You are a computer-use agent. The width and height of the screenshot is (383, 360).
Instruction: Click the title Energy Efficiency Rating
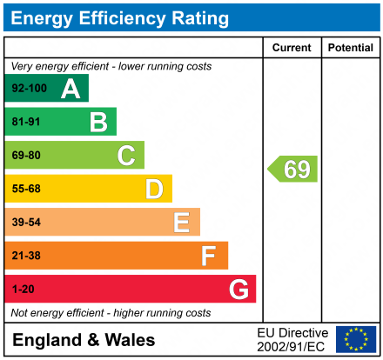pyautogui.click(x=119, y=17)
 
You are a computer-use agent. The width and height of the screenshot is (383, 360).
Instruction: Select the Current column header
pyautogui.click(x=292, y=48)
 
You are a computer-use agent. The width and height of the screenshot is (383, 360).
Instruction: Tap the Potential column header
pyautogui.click(x=351, y=48)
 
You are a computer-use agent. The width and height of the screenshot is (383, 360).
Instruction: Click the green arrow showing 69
pyautogui.click(x=292, y=169)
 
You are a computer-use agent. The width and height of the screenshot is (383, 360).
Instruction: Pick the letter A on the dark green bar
pyautogui.click(x=71, y=89)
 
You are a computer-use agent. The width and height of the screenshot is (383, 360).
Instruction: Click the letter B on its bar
pyautogui.click(x=98, y=123)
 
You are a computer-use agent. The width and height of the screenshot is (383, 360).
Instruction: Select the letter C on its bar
pyautogui.click(x=126, y=156)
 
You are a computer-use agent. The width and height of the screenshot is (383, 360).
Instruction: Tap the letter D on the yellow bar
pyautogui.click(x=154, y=189)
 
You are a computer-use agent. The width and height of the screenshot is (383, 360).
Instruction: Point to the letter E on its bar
pyautogui.click(x=181, y=223)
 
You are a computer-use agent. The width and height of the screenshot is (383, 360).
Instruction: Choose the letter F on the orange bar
pyautogui.click(x=209, y=256)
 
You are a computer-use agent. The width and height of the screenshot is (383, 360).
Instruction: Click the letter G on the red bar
pyautogui.click(x=238, y=289)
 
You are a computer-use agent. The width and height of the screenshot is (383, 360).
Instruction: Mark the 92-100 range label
pyautogui.click(x=28, y=89)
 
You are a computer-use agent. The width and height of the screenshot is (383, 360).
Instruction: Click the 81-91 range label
pyautogui.click(x=25, y=123)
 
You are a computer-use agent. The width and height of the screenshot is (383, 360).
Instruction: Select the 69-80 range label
pyautogui.click(x=25, y=156)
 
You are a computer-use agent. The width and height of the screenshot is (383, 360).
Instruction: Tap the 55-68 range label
pyautogui.click(x=25, y=189)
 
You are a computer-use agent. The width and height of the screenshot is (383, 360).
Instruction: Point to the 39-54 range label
pyautogui.click(x=25, y=223)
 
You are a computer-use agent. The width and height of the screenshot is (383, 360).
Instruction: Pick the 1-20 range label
pyautogui.click(x=22, y=289)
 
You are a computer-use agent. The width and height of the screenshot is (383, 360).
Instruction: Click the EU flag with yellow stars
pyautogui.click(x=356, y=339)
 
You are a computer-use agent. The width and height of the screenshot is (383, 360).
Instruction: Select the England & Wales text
pyautogui.click(x=84, y=340)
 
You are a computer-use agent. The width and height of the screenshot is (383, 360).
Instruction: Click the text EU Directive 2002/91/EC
pyautogui.click(x=292, y=339)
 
